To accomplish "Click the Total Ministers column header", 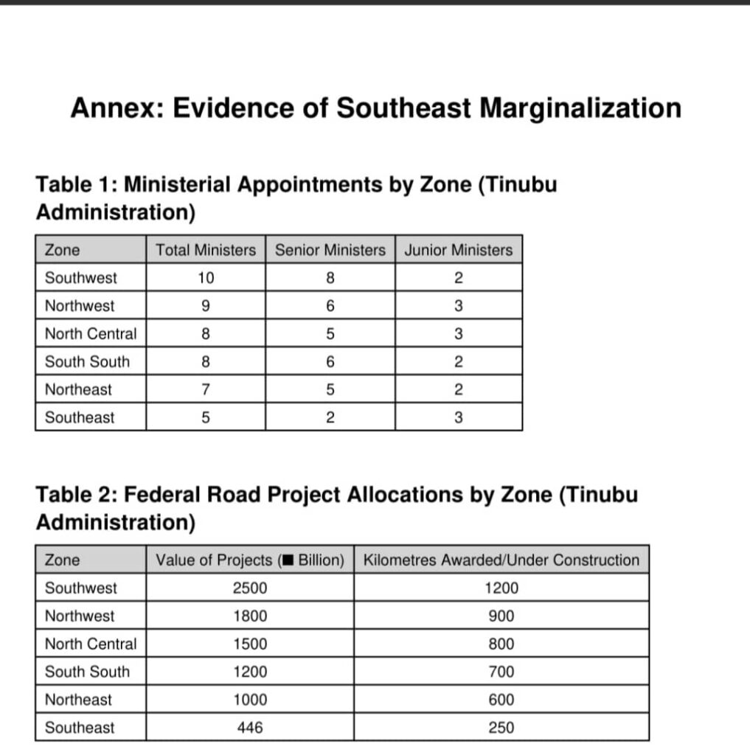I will point(205,250).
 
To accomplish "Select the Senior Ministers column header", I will point(330,250).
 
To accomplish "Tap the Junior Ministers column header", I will point(458,250).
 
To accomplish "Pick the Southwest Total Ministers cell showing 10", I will point(205,278).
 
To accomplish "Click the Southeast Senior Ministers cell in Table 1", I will point(330,417).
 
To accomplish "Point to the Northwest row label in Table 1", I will point(80,306).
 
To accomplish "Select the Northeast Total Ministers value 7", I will point(205,389).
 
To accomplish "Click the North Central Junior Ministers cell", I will point(458,334).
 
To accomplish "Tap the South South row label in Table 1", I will point(87,361).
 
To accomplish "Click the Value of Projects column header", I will point(249,560).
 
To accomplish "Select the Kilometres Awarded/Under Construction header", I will point(501,560).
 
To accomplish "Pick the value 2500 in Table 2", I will point(249,588).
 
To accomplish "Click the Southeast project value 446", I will point(249,728).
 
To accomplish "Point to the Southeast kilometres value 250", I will point(501,728).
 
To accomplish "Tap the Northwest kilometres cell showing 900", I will point(501,616).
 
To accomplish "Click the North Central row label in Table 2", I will point(91,644).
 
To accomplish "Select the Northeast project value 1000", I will point(249,700).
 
